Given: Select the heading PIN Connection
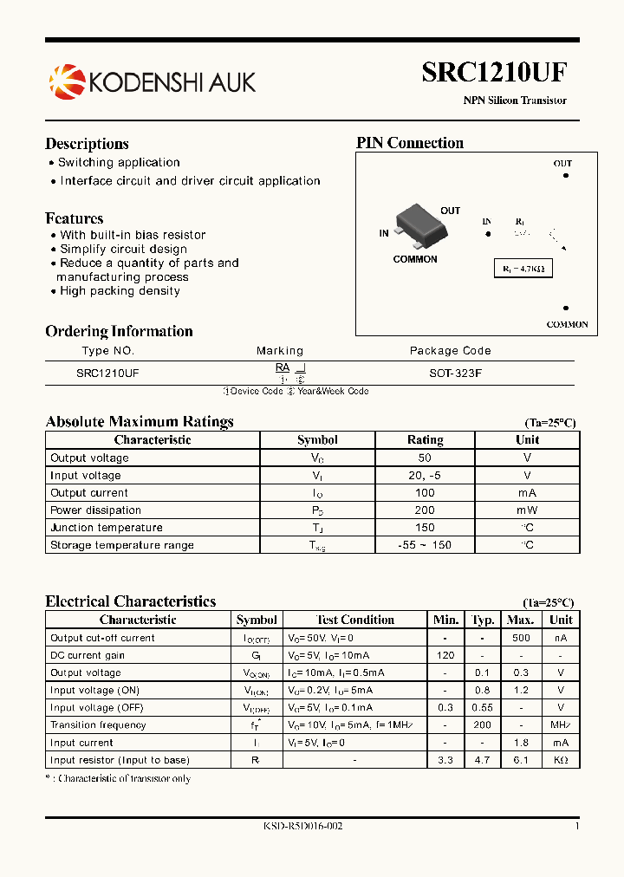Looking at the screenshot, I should coord(410,143).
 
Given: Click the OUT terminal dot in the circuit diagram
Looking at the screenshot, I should coord(565,175).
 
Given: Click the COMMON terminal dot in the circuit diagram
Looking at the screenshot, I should coord(566,308).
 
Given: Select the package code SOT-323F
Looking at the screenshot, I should coord(450,371).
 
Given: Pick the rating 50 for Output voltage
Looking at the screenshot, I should coord(425,458).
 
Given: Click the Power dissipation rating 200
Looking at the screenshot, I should coord(425,510).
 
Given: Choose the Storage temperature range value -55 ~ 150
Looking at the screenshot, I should coord(425,545).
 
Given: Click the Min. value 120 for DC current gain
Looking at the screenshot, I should coord(445,655).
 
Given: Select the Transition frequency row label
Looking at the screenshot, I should coord(98,725).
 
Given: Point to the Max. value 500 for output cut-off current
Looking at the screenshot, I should coord(520,638).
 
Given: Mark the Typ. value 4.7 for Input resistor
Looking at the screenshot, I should coord(483,760).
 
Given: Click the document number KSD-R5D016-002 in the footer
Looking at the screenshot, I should coord(303,827).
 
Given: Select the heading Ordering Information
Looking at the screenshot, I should coord(119,331).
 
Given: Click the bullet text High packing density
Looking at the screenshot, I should coord(120,291).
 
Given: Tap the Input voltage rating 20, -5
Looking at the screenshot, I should coord(425,475).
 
